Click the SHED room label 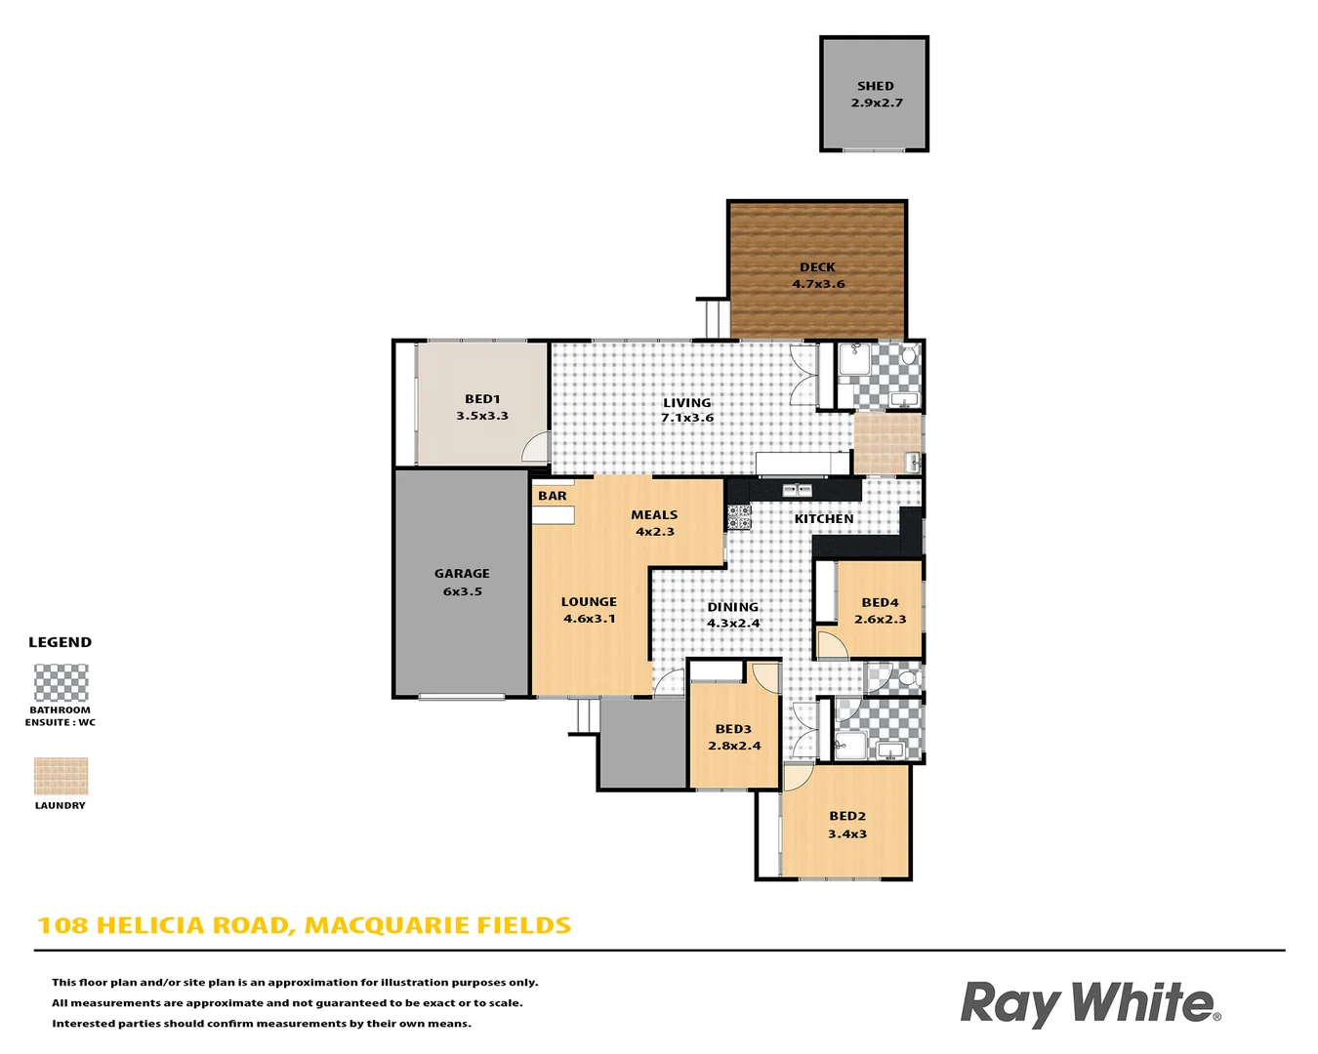point(875,86)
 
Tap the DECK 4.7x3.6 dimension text point(818,285)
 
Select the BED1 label point(482,399)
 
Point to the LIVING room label point(687,402)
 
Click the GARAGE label point(462,574)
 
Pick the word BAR point(553,496)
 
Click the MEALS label point(654,515)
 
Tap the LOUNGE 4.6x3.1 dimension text point(590,619)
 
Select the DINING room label point(732,607)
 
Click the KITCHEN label point(824,519)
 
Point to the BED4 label point(880,603)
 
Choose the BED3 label point(733,729)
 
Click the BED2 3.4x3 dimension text point(847,834)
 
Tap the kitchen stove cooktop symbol point(739,516)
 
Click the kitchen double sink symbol point(797,489)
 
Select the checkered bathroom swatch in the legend point(61,683)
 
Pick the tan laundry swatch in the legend point(61,777)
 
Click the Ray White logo point(1090,1003)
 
